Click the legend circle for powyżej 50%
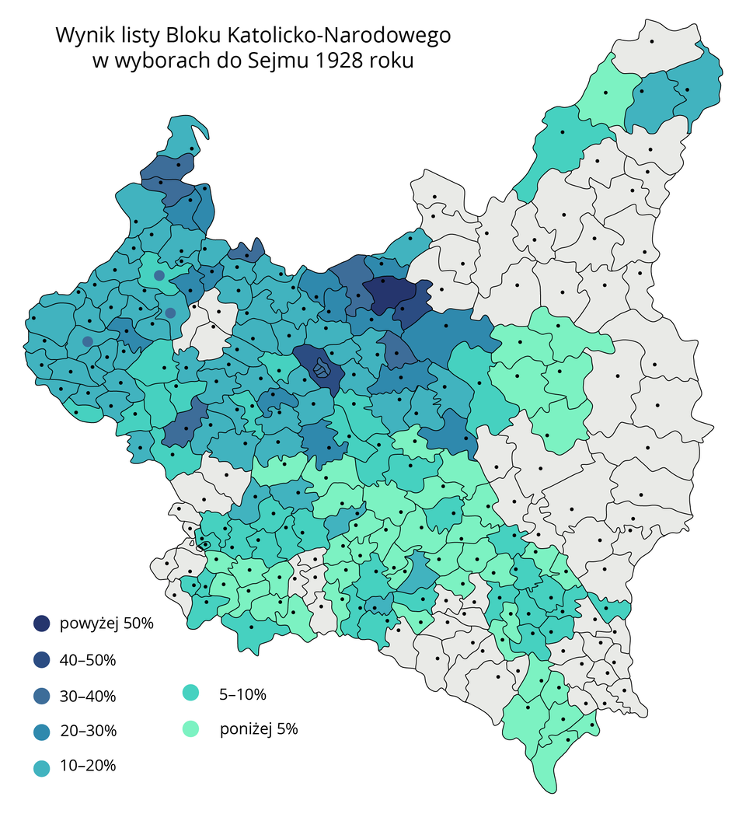[41, 624]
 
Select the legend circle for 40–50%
[41, 660]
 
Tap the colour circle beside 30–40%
[41, 696]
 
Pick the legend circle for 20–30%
[41, 732]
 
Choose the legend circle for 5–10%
[190, 693]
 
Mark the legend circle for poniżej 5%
[190, 729]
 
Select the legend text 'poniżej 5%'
[259, 729]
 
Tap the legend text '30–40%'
[87, 696]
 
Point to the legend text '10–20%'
[87, 767]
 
